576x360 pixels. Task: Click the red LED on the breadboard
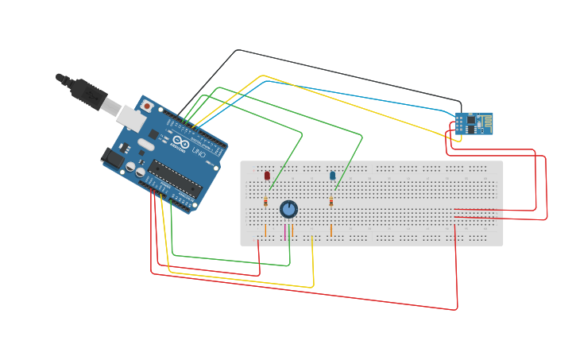pos(267,175)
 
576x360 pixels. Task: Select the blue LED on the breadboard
pos(332,175)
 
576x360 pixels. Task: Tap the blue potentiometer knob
pos(288,209)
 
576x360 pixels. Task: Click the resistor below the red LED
pos(265,203)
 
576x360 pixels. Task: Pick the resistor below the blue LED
pos(331,203)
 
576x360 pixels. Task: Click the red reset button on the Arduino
pos(146,106)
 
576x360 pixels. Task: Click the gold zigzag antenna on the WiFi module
pos(481,123)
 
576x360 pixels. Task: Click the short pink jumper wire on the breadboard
pos(284,232)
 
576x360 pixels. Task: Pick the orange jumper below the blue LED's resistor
pos(331,230)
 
